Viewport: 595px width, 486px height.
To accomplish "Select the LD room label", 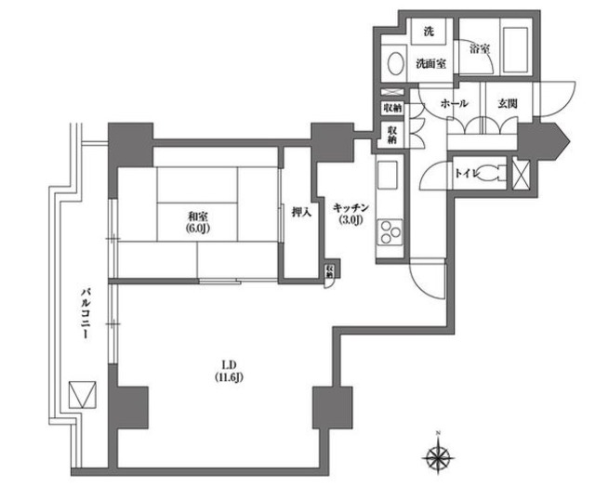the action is tap(230, 365).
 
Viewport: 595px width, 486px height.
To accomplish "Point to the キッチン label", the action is tap(350, 207).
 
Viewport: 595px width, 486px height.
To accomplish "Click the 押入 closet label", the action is tap(301, 213).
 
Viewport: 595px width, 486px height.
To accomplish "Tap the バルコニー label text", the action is tap(86, 313).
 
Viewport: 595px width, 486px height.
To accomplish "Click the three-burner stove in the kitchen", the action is tap(390, 231).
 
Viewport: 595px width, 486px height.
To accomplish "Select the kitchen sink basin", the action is tap(388, 175).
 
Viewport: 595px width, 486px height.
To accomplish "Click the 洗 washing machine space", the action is tap(429, 32).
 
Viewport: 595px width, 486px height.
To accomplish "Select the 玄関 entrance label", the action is tap(508, 103).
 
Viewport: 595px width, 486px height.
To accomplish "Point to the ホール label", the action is tap(454, 103).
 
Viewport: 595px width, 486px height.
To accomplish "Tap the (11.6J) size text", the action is tap(229, 377).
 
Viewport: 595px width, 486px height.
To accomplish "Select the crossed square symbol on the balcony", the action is tap(83, 395).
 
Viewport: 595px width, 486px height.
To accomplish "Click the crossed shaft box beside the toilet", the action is tap(521, 173).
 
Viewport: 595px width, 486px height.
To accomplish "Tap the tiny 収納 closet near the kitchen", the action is tap(330, 269).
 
